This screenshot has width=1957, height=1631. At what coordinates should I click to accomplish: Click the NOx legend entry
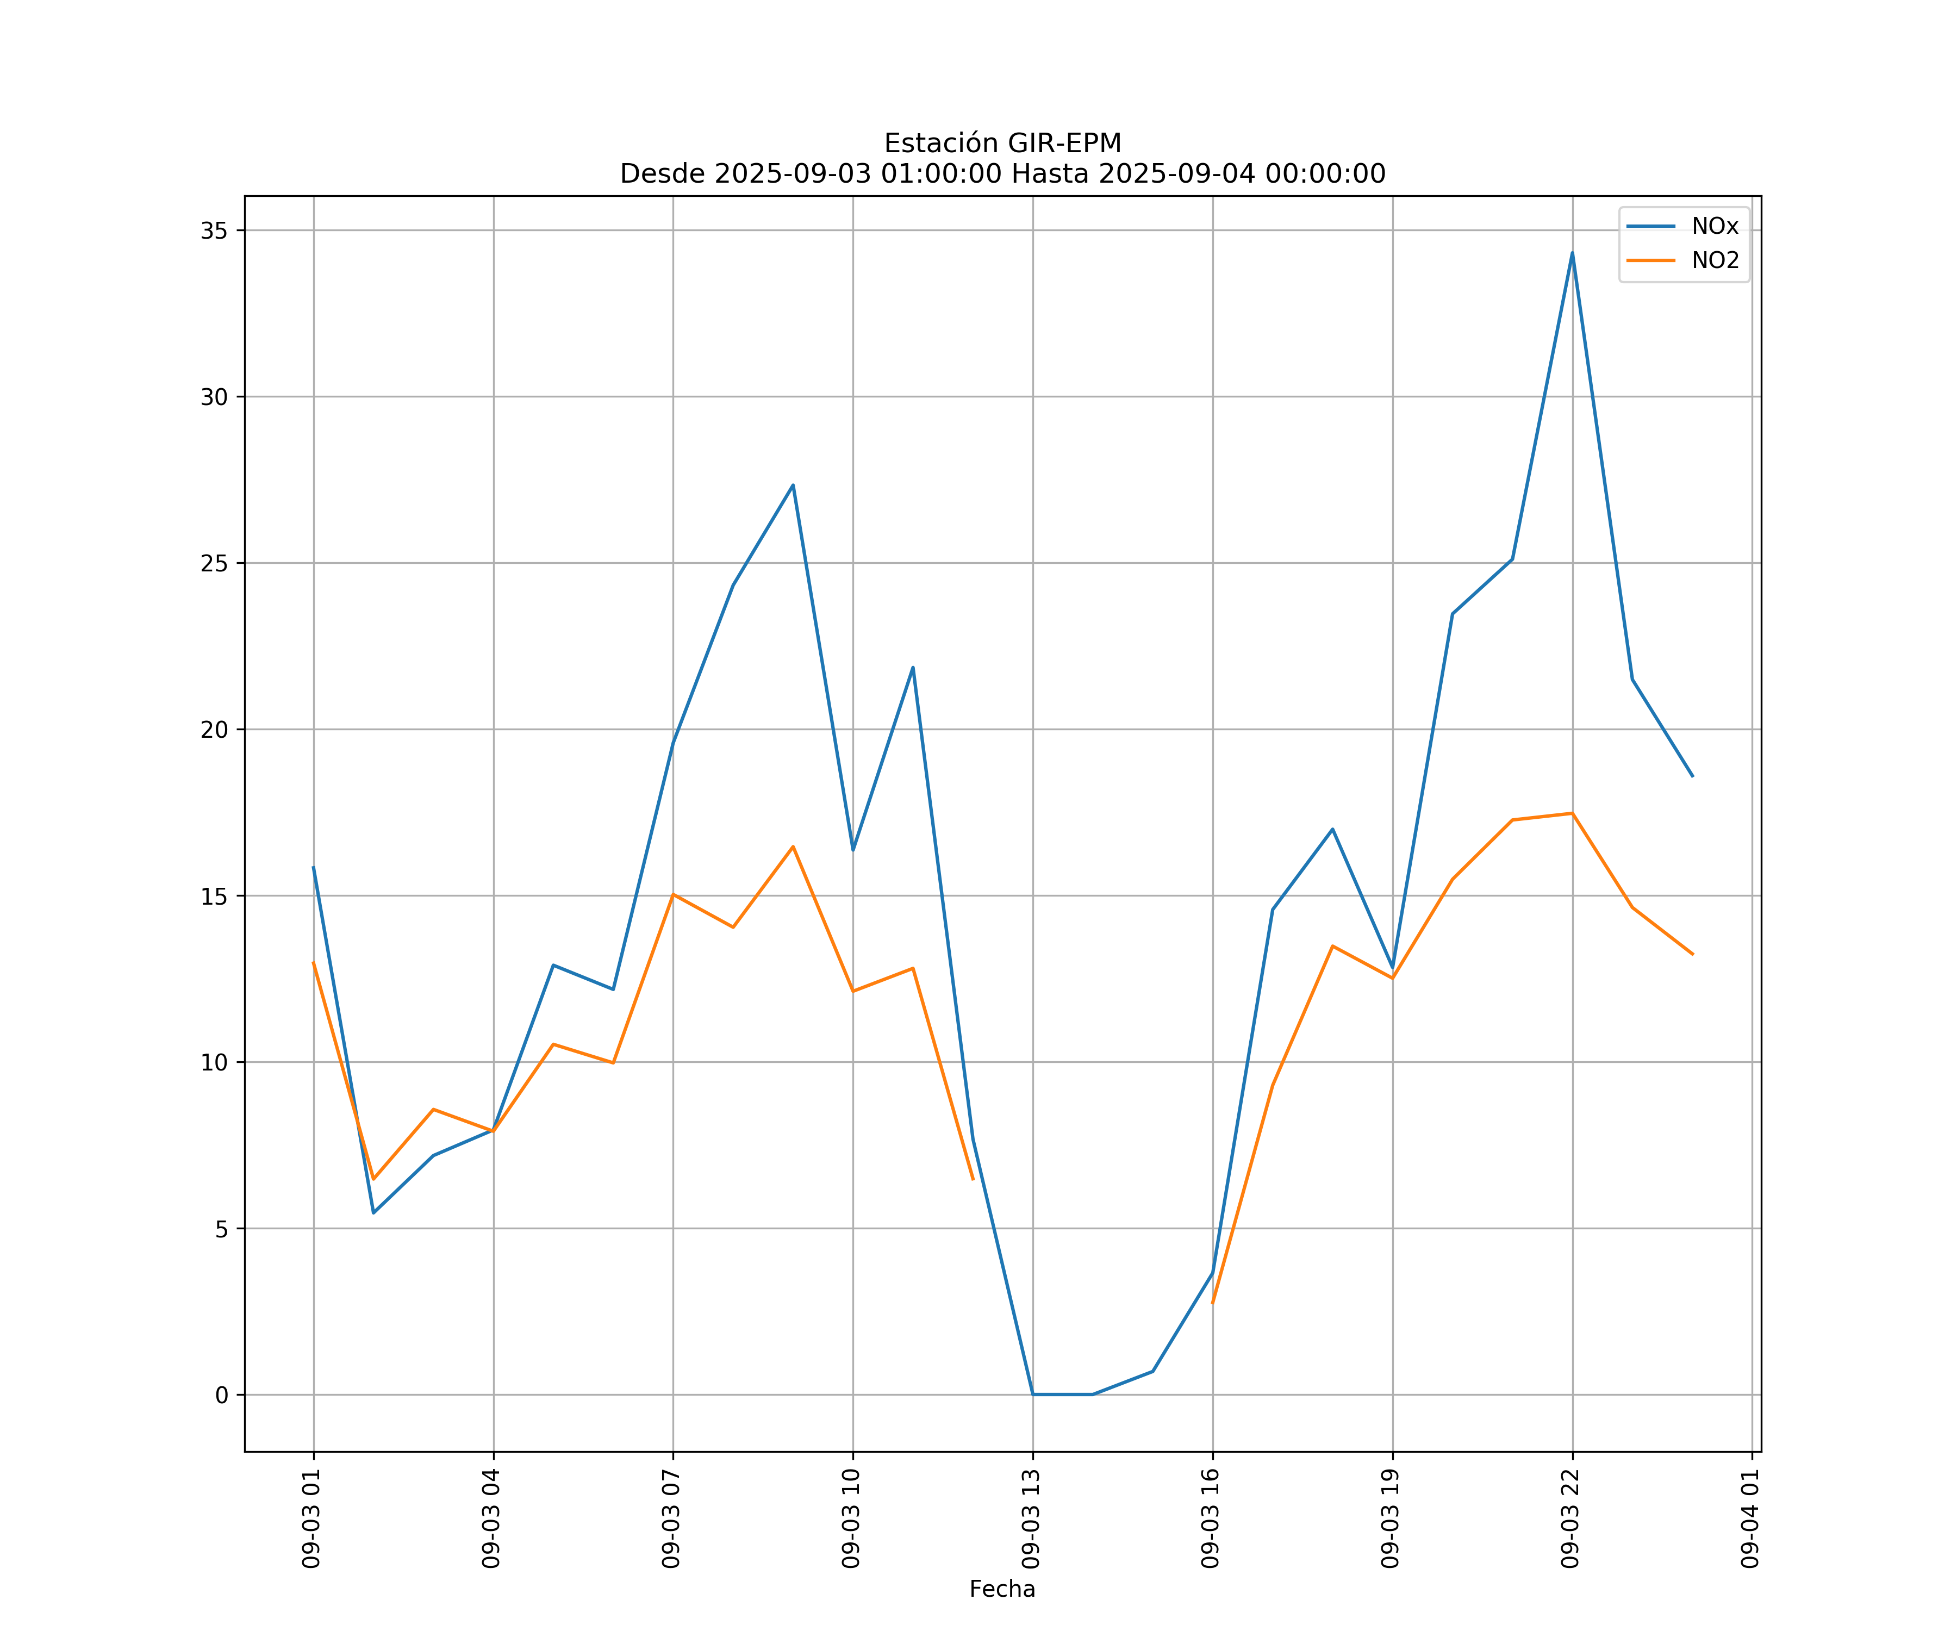point(1715,227)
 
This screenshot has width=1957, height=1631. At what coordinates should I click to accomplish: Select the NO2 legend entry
point(1715,261)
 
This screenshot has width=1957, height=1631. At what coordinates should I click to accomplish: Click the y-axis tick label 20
point(214,730)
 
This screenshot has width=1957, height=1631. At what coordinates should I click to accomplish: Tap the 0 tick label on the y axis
point(222,1395)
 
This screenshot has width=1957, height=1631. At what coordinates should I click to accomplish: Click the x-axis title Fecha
point(1002,1589)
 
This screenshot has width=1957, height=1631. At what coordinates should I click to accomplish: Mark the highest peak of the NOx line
point(1572,253)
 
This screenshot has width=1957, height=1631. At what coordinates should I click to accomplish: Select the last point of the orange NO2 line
point(1692,954)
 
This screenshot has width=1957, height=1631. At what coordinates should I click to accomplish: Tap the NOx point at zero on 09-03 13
point(1032,1395)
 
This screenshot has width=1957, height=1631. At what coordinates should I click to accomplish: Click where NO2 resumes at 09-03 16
point(1212,1303)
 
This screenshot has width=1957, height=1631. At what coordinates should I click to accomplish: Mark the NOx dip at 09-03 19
point(1392,969)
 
